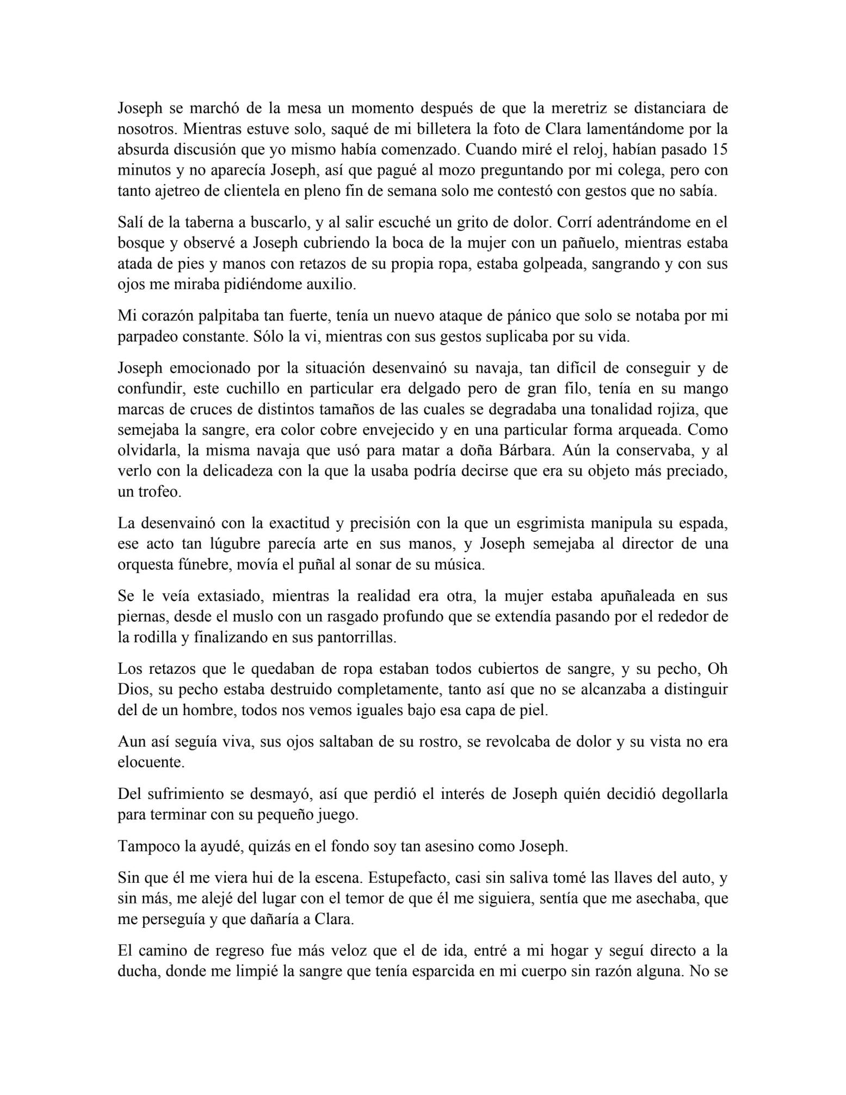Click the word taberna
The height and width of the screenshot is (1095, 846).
(x=205, y=223)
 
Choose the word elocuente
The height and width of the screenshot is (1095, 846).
(x=151, y=762)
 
